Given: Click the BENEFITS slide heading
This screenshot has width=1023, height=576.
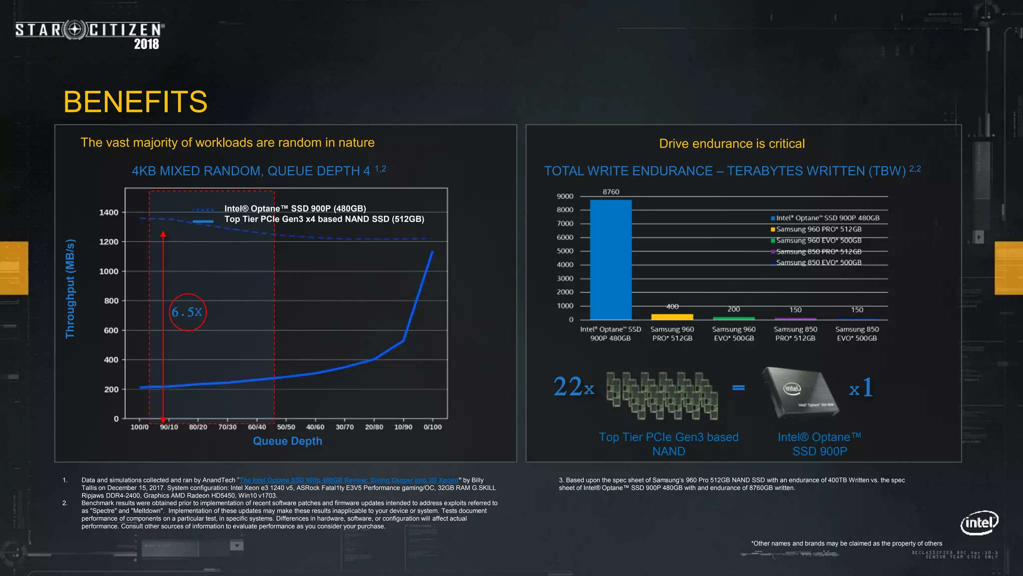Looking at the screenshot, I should point(135,102).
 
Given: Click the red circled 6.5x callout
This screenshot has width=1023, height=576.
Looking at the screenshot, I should point(187,312).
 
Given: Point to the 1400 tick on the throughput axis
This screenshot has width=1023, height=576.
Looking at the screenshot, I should point(108,212).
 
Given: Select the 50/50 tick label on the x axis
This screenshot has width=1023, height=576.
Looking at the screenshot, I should point(286,427).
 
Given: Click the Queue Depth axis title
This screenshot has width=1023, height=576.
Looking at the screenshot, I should point(287,441).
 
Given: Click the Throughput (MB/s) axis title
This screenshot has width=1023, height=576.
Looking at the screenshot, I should point(70,288).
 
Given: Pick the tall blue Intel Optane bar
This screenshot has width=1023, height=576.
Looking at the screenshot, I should point(610,260).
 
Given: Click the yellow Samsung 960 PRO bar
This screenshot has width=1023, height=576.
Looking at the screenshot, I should point(672,316).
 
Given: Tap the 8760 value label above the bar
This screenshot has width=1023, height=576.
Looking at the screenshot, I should point(610,192).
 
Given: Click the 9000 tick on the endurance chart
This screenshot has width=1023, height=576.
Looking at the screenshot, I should point(565,196).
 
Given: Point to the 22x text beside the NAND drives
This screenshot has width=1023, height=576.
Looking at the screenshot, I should point(573,387).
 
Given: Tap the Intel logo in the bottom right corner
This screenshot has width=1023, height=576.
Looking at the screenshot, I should point(979,522).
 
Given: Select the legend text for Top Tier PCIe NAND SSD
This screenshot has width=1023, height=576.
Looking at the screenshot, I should point(324,219).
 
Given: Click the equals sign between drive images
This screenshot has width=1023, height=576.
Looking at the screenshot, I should point(738,387).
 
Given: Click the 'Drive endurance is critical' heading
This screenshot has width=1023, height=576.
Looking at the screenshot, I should point(732,144).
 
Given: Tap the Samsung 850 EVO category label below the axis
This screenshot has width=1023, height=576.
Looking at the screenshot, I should point(857,333).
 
